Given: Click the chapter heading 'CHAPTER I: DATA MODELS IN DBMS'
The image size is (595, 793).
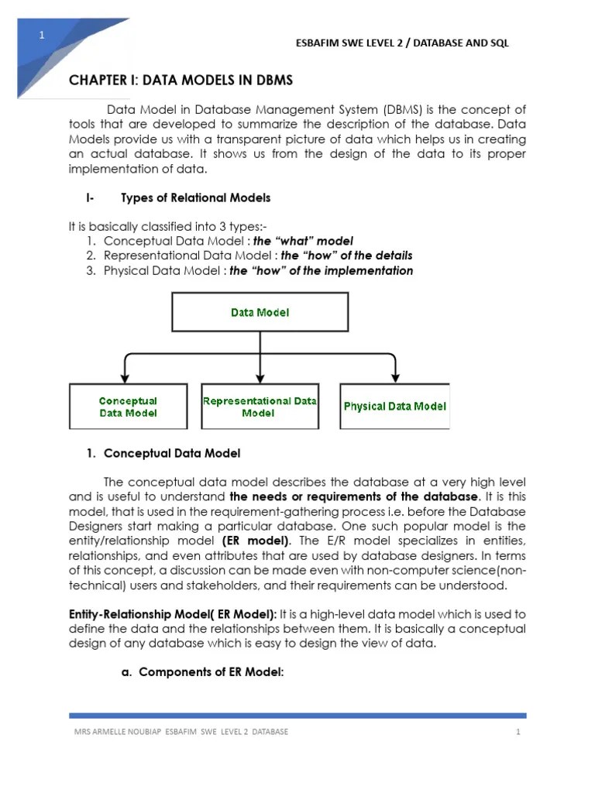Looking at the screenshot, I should (181, 81).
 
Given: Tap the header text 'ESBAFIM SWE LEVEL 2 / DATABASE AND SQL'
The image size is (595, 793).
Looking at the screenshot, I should (402, 43).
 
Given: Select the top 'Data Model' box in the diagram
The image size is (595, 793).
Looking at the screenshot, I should (260, 312).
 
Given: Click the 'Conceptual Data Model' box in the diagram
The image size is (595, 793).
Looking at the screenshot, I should (128, 407).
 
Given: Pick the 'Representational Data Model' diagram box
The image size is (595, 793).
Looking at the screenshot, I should (260, 407).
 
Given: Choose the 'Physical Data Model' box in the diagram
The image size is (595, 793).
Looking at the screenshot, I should (394, 407).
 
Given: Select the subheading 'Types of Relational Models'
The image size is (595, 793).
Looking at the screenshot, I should (196, 197).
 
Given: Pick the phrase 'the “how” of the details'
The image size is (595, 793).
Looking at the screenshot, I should (346, 256).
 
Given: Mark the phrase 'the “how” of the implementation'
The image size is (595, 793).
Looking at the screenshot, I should (322, 270).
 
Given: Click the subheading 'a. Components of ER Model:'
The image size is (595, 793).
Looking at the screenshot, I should (203, 672).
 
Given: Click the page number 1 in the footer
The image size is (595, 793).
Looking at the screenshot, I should (517, 732).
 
